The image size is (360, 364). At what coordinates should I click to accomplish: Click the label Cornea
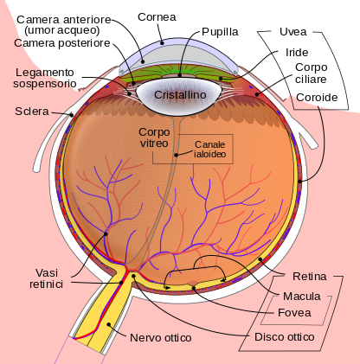tap(157, 17)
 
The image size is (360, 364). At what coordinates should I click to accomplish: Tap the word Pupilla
tap(220, 32)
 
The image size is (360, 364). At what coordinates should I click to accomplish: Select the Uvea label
tap(292, 32)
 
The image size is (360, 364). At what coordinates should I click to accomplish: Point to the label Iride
tap(297, 53)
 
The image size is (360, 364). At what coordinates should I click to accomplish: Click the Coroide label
tap(317, 98)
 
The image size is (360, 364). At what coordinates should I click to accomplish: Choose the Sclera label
tap(32, 112)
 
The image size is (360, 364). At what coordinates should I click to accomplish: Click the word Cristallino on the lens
tap(180, 94)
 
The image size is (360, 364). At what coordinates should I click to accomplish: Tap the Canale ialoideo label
tap(209, 149)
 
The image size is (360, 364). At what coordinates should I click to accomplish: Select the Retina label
tap(310, 277)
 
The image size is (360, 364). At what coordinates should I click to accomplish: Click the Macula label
tap(302, 296)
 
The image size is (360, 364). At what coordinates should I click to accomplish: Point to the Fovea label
tap(294, 313)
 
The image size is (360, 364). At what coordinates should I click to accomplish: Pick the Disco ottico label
tap(285, 337)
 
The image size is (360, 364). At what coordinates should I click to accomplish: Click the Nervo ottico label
tap(161, 338)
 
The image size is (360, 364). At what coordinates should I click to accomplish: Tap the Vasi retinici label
tap(46, 278)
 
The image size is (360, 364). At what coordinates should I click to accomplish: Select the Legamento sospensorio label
tap(45, 78)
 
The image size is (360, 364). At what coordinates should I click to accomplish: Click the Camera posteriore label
tap(62, 43)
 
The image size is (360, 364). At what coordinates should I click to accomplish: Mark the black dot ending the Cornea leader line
tap(163, 43)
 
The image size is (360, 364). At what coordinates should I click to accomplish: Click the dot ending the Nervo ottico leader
tap(109, 324)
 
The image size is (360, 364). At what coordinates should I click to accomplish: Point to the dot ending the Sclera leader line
tap(71, 115)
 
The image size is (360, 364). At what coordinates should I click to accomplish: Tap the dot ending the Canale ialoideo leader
tap(176, 155)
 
